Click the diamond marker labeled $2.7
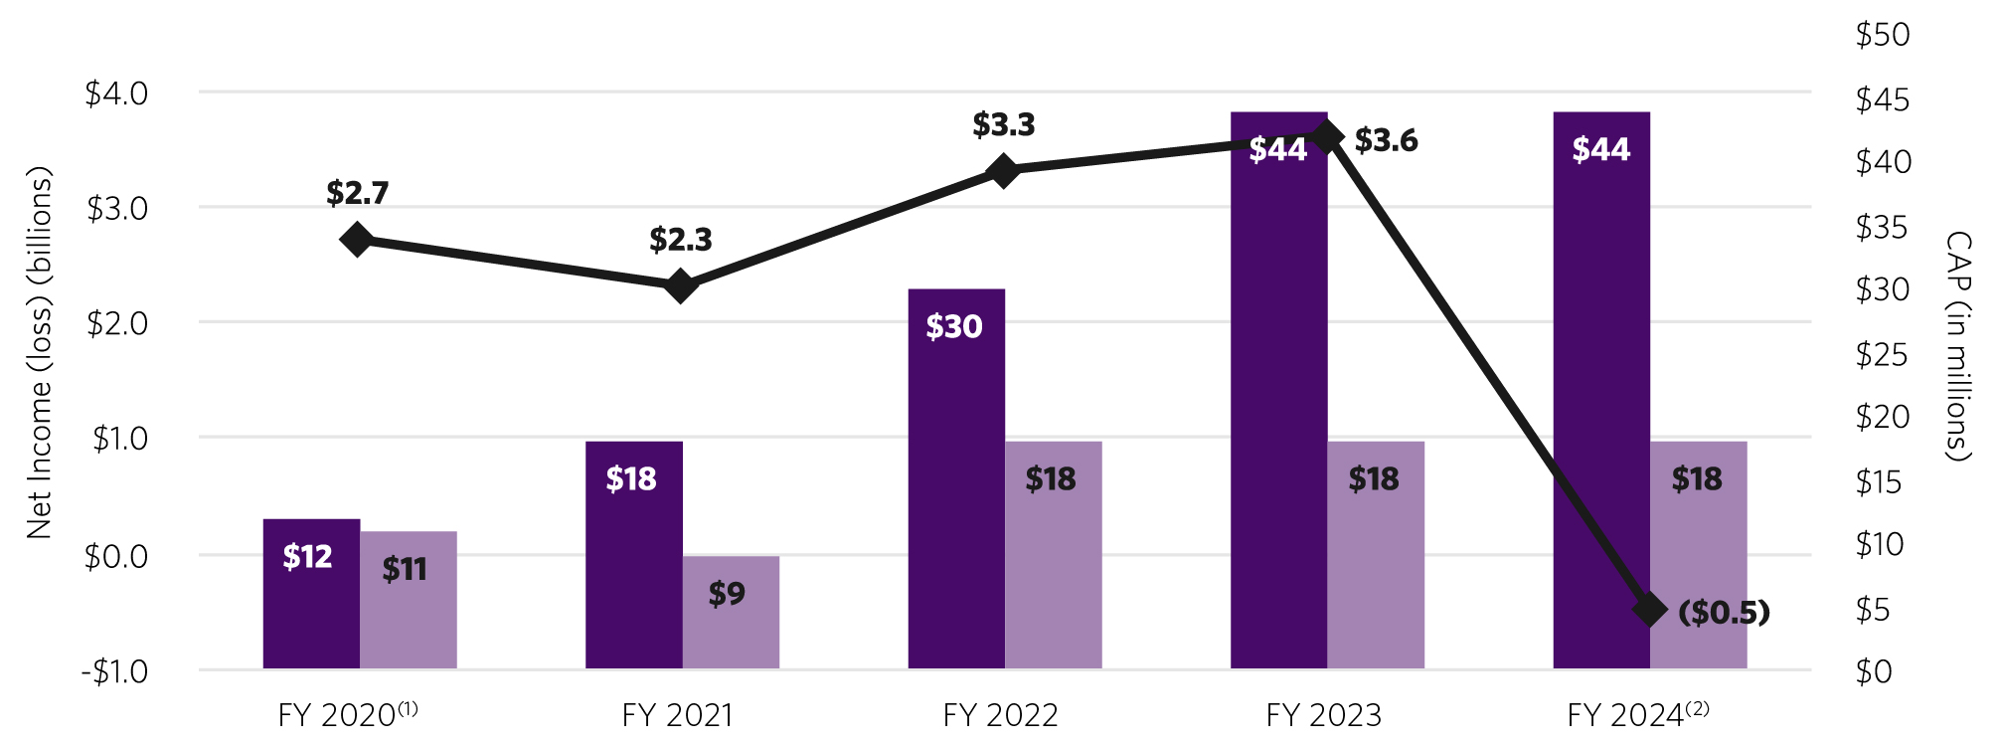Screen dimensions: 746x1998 357,240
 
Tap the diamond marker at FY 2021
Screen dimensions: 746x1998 681,286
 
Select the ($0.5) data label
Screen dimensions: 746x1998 1724,612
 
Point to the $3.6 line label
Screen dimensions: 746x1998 1386,140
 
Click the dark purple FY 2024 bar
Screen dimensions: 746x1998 1601,398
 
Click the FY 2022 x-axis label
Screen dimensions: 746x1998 1000,715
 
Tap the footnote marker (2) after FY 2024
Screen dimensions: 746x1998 1697,708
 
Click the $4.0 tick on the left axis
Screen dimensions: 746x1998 116,93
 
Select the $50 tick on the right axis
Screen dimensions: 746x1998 1882,35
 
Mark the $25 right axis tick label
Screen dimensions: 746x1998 1881,355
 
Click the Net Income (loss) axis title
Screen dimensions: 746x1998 39,353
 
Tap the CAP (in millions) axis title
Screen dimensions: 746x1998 1957,346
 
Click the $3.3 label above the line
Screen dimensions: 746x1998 1003,125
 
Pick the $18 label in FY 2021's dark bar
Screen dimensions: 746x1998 631,479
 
